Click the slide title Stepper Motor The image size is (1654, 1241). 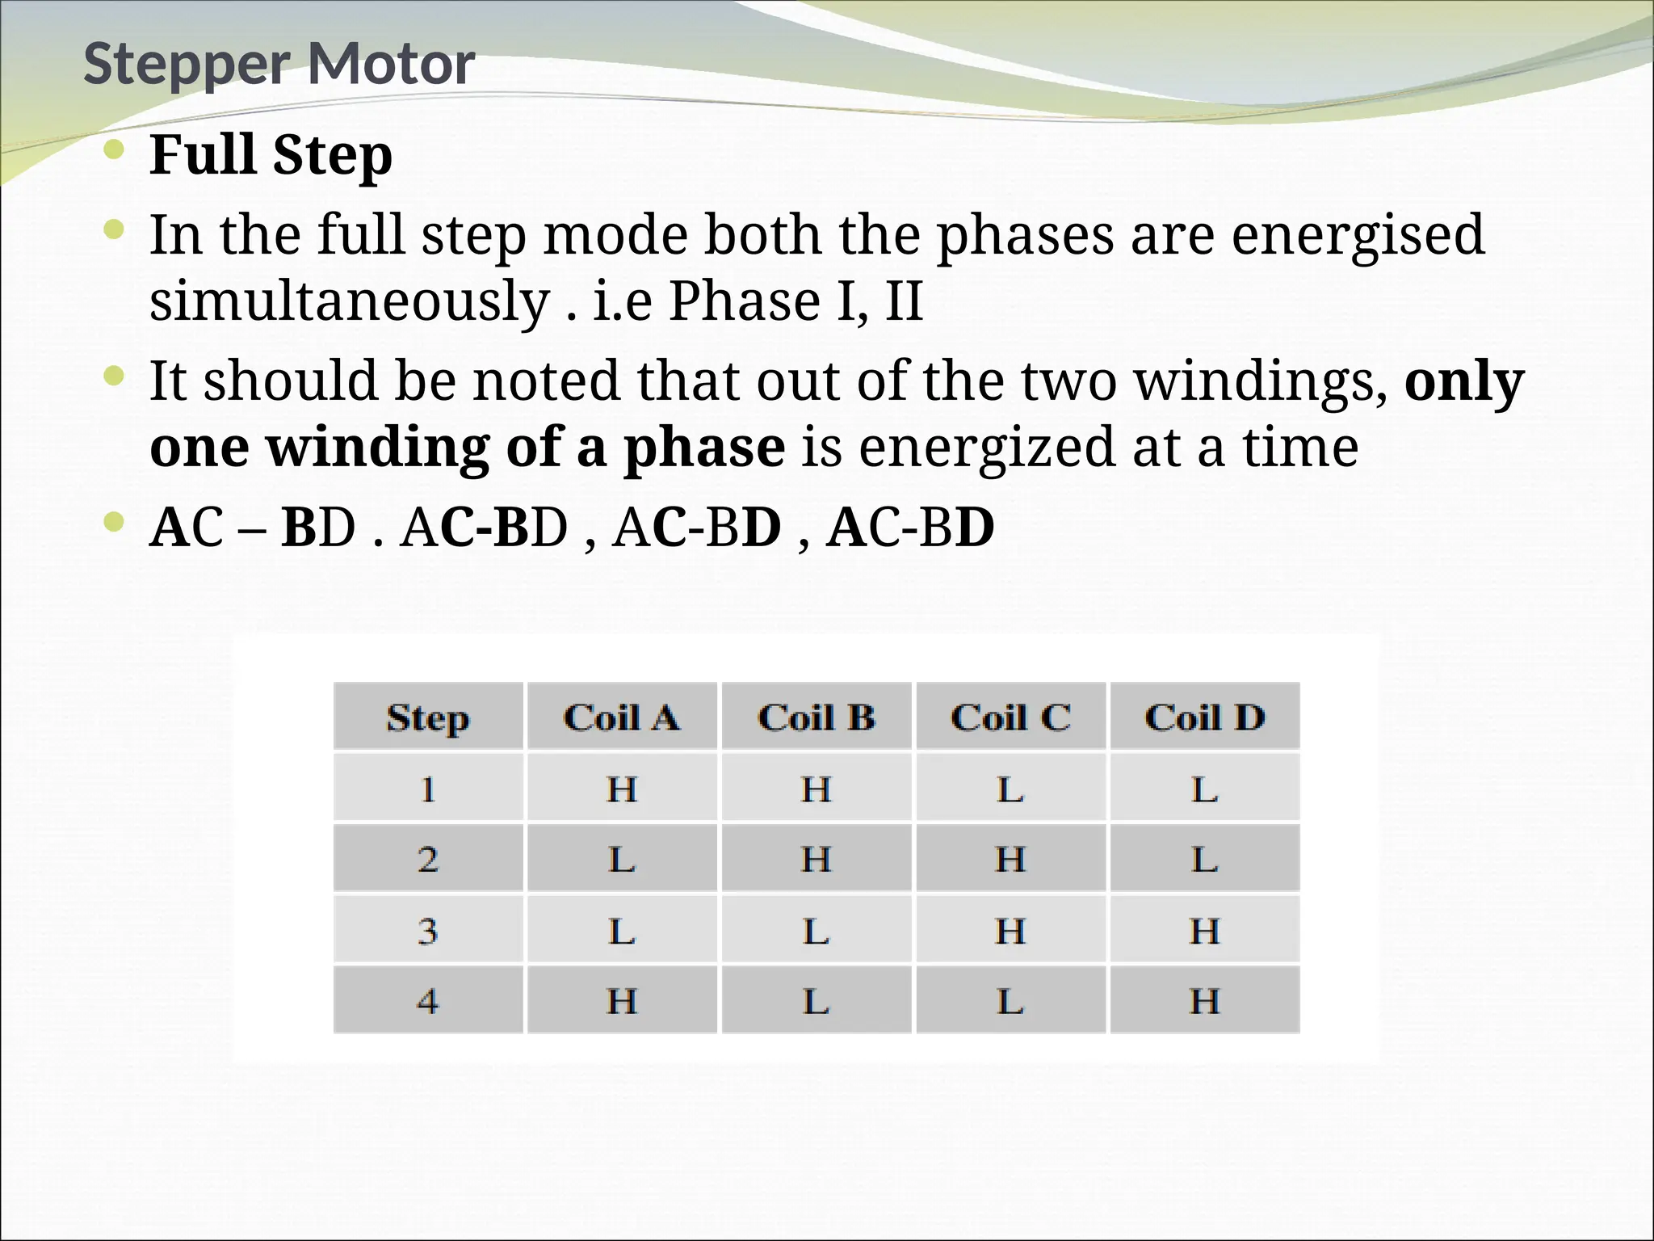[x=279, y=65]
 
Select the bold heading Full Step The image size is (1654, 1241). [x=271, y=155]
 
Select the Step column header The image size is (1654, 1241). [x=427, y=717]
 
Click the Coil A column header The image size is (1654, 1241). [x=621, y=717]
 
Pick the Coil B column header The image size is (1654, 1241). [x=816, y=717]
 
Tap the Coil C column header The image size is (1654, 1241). [x=1010, y=717]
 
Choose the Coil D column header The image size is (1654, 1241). [x=1204, y=717]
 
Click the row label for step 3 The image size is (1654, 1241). [x=427, y=931]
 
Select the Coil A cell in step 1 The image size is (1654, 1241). [x=621, y=789]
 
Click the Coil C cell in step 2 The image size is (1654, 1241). [x=1010, y=859]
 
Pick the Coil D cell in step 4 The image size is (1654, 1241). [x=1204, y=1002]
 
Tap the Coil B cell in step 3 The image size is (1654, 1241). [x=816, y=931]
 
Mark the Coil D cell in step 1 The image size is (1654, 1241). [x=1204, y=789]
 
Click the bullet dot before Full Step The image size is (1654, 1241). [x=115, y=150]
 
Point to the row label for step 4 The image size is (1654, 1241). [x=427, y=1002]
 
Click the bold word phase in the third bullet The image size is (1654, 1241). [x=703, y=448]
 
